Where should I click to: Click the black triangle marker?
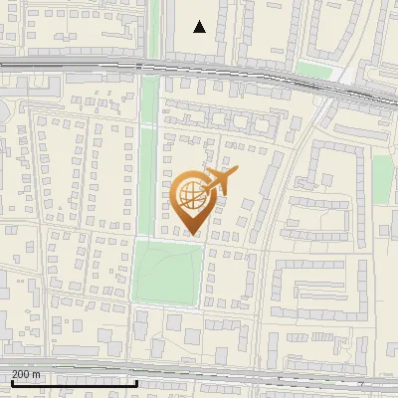[x=200, y=27]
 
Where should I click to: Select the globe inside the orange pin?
[x=192, y=195]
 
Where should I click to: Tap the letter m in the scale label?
[x=37, y=373]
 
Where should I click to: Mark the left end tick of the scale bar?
[x=11, y=381]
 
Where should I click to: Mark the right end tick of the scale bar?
[x=136, y=381]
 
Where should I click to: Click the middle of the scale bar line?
[x=74, y=383]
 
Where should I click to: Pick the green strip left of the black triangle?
[x=154, y=30]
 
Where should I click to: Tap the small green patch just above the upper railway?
[x=314, y=70]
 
